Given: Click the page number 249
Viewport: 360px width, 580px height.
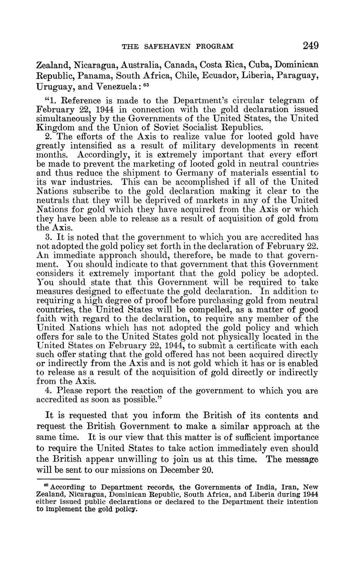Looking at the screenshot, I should click(310, 45).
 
